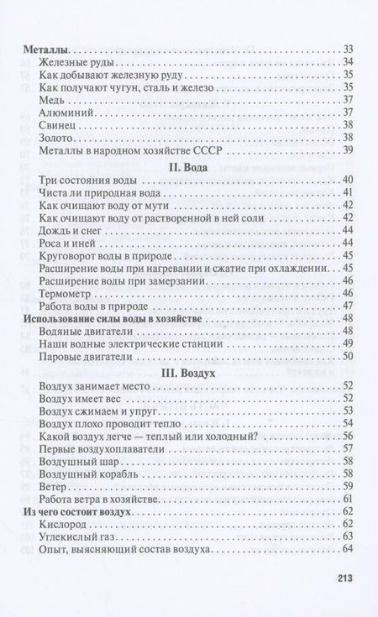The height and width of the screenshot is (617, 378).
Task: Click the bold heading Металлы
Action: click(45, 52)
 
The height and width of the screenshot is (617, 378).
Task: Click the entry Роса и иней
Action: click(70, 243)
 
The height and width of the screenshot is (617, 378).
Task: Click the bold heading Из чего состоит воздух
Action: click(87, 510)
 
